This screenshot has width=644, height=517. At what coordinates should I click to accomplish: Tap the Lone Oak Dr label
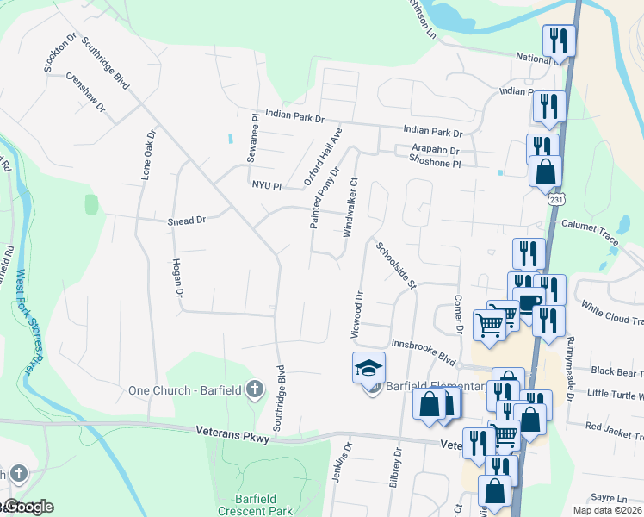click(x=148, y=156)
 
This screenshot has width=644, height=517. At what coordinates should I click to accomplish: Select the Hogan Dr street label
click(x=178, y=278)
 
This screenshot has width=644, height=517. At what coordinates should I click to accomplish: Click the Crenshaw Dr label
click(x=87, y=92)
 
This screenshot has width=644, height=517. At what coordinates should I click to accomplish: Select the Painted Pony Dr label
click(x=325, y=196)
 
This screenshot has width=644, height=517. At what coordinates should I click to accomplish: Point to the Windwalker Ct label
click(x=350, y=208)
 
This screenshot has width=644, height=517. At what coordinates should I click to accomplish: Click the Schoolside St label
click(x=396, y=265)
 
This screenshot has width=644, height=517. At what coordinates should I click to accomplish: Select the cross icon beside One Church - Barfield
click(x=254, y=389)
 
